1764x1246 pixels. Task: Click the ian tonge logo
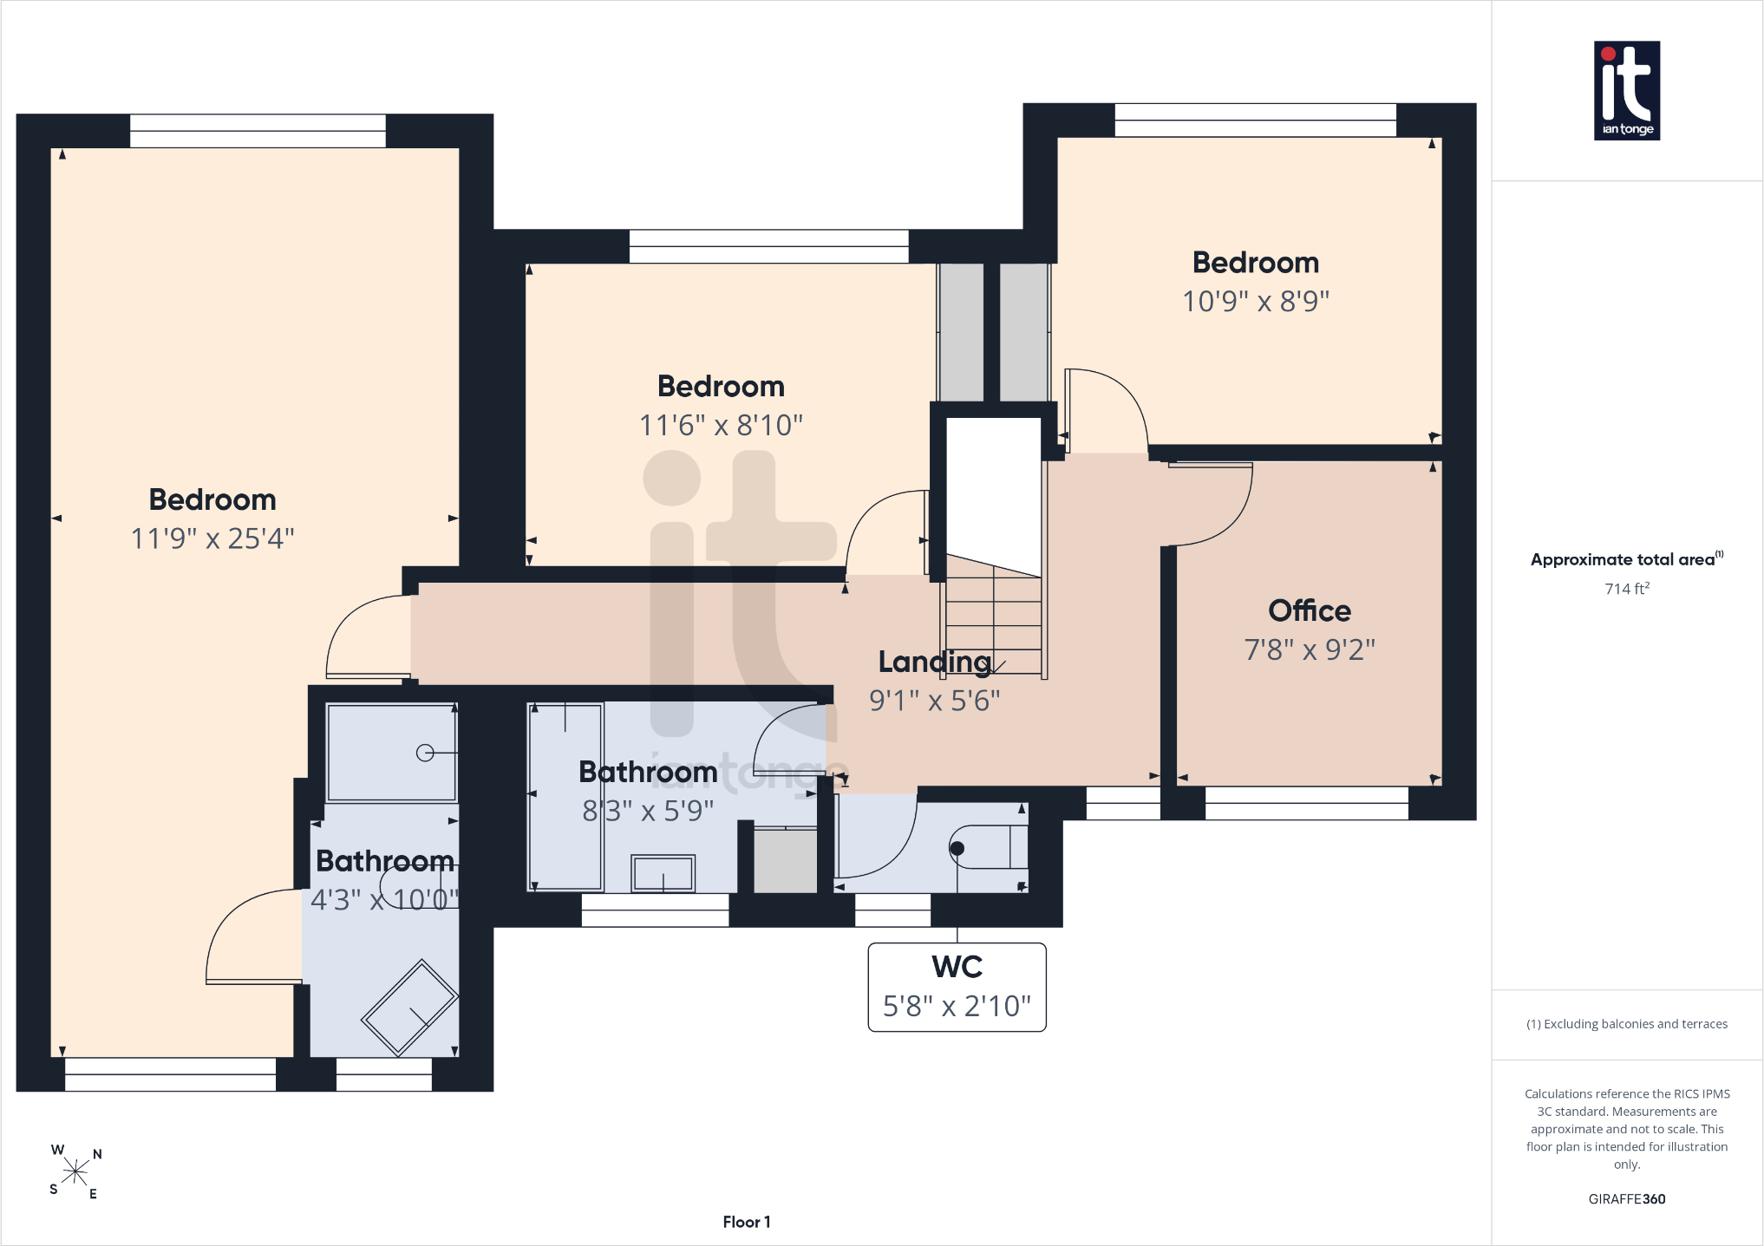pyautogui.click(x=1627, y=91)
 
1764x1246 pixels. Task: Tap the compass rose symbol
pyautogui.click(x=75, y=1172)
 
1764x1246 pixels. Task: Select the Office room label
pyautogui.click(x=1310, y=610)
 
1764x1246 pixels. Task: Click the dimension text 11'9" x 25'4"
pyautogui.click(x=212, y=538)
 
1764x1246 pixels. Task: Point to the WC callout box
pyautogui.click(x=957, y=987)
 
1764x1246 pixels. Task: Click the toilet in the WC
pyautogui.click(x=989, y=847)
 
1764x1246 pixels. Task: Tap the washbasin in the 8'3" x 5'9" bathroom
pyautogui.click(x=663, y=873)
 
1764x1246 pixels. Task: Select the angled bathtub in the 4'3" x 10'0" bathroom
pyautogui.click(x=409, y=1008)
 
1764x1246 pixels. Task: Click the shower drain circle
pyautogui.click(x=425, y=753)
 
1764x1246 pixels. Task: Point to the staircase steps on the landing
pyautogui.click(x=994, y=616)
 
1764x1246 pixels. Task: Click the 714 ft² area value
pyautogui.click(x=1627, y=589)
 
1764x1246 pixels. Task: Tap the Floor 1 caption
pyautogui.click(x=747, y=1222)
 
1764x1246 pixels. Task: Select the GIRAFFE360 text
pyautogui.click(x=1627, y=1199)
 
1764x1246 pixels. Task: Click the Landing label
pyautogui.click(x=935, y=662)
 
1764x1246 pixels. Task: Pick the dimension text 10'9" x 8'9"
pyautogui.click(x=1256, y=301)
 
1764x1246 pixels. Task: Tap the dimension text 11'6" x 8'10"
pyautogui.click(x=721, y=425)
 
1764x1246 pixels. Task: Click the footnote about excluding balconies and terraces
pyautogui.click(x=1627, y=1024)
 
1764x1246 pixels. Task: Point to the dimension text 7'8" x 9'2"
pyautogui.click(x=1310, y=649)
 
